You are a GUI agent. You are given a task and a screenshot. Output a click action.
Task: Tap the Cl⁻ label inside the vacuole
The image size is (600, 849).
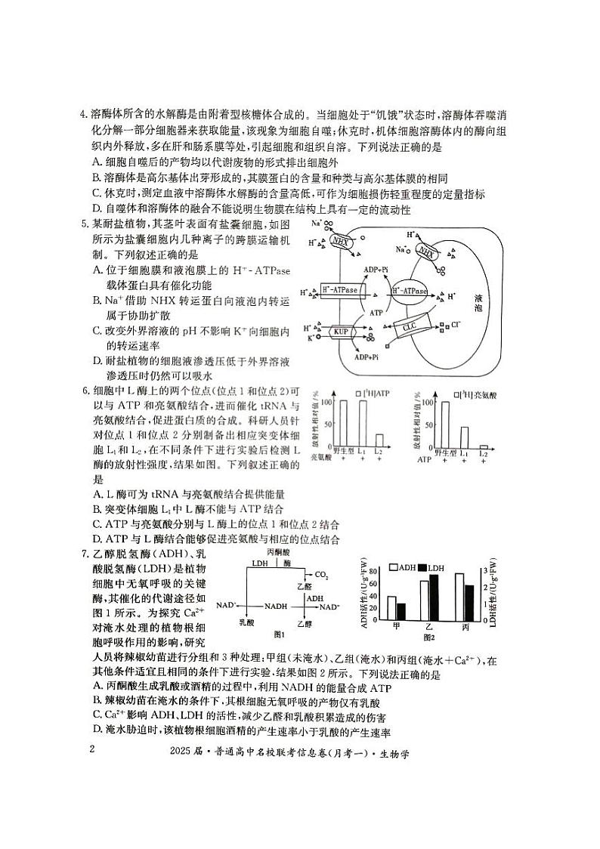454,324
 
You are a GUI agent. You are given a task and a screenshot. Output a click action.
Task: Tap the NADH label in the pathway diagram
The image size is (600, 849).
276,606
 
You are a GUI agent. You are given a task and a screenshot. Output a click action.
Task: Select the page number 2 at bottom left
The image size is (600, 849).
92,749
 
